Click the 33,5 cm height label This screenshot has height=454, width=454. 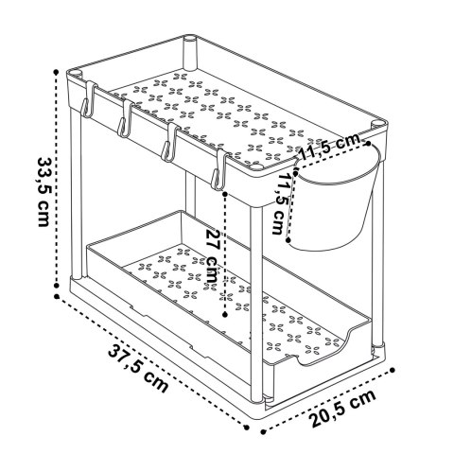tap(44, 191)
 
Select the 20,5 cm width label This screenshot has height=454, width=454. tap(342, 409)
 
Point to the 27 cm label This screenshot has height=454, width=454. tap(213, 254)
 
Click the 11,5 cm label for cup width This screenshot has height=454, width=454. tap(329, 147)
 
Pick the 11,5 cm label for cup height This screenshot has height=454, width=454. tap(280, 203)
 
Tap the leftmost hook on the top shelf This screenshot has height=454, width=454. tap(88, 99)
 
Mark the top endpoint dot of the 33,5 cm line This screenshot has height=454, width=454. tap(56, 72)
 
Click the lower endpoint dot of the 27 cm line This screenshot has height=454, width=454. tap(225, 314)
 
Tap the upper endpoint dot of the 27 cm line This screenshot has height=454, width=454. tap(225, 194)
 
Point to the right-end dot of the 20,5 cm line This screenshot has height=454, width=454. tap(393, 370)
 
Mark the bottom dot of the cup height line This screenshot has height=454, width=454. tap(288, 240)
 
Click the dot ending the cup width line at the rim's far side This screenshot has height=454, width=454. tap(368, 143)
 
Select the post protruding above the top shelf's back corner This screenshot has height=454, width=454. tap(190, 53)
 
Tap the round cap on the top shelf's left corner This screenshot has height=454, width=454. tap(76, 75)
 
